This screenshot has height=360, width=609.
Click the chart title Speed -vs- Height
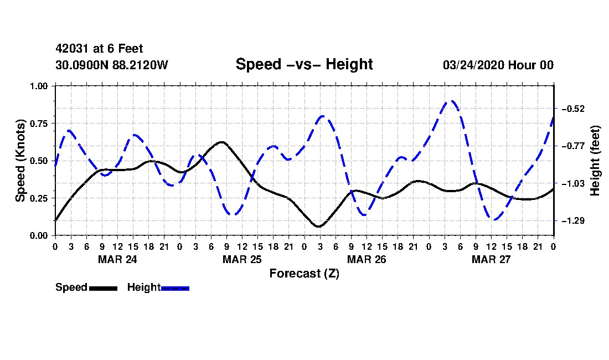[304, 64]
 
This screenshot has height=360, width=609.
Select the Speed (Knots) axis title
[20, 161]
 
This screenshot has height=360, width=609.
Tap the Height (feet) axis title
[595, 161]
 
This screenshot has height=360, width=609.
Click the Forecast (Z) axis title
[304, 274]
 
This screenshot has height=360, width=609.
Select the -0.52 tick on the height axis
[573, 109]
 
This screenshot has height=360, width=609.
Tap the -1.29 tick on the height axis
[573, 221]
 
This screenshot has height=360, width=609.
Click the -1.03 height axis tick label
[573, 183]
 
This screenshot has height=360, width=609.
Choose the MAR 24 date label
[117, 259]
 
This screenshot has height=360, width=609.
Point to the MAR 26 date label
[367, 259]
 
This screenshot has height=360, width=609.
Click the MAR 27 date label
[491, 259]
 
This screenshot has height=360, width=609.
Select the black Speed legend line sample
[104, 288]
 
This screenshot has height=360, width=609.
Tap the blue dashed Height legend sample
[175, 288]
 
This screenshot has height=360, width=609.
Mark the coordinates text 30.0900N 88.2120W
[112, 65]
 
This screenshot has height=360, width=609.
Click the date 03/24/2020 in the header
[473, 65]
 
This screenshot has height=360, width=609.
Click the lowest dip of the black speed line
[319, 226]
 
